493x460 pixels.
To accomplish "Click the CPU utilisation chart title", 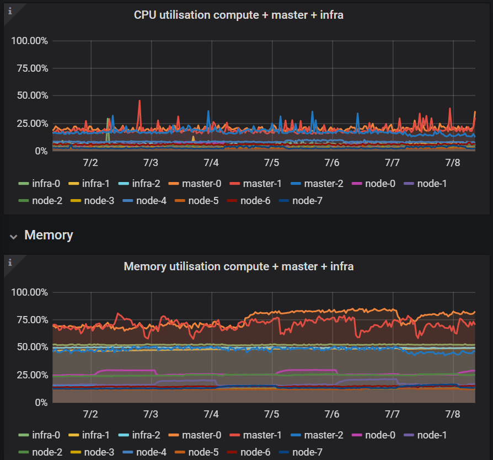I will point(238,15).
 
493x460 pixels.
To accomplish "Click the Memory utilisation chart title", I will point(238,266).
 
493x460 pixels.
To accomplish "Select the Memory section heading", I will point(49,235).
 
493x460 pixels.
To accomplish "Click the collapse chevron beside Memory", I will point(14,236).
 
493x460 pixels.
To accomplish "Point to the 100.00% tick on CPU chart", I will point(30,41).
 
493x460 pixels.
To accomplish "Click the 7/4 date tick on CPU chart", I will point(211,163).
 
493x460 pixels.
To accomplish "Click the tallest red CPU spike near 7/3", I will point(140,101).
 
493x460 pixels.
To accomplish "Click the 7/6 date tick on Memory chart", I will point(331,414).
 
